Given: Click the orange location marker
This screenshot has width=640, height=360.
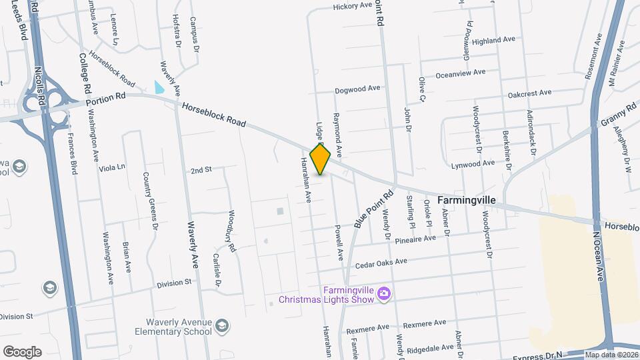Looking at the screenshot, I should click(321, 159).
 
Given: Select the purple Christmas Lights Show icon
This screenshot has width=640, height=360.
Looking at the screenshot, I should click(383, 293).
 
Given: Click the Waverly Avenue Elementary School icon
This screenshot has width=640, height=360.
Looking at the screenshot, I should click(223, 326).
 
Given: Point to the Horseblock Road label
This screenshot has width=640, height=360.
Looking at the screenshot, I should click(214, 114).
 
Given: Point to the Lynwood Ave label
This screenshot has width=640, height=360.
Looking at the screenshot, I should click(473, 163).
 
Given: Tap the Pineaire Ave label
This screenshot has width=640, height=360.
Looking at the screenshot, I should click(415, 238).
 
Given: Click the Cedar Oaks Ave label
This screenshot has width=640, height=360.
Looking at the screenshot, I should click(381, 262).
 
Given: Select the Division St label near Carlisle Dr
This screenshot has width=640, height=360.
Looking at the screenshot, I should click(174, 283).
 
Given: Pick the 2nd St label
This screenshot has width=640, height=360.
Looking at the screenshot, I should click(201, 170).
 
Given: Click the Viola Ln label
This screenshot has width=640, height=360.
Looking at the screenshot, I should click(112, 167).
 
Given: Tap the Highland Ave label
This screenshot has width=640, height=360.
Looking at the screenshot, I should click(493, 40).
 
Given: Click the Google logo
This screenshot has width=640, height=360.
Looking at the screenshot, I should click(22, 352).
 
